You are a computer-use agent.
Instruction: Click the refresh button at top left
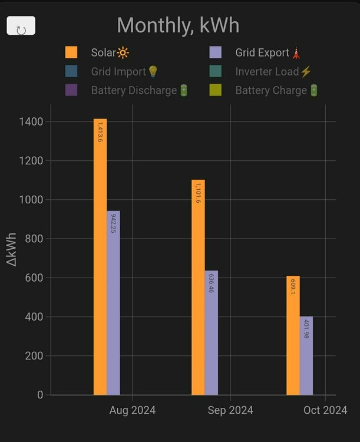click(21, 27)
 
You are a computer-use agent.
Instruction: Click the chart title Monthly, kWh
click(178, 26)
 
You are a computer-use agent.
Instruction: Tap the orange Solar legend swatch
click(71, 52)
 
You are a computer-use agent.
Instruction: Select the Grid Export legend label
click(262, 52)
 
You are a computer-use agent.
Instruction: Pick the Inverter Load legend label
click(267, 72)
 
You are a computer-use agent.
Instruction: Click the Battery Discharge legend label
click(134, 91)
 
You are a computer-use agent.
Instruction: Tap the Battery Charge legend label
click(271, 91)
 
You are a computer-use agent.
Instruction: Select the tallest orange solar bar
click(100, 257)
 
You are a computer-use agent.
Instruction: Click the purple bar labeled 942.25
click(113, 303)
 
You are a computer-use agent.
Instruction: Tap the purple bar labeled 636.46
click(211, 333)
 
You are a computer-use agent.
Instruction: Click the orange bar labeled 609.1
click(293, 335)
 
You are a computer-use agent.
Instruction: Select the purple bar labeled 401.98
click(306, 356)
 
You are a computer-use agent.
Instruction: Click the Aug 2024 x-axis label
click(133, 410)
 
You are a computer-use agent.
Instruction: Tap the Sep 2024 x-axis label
click(230, 410)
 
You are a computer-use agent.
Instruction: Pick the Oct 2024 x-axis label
click(325, 410)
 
